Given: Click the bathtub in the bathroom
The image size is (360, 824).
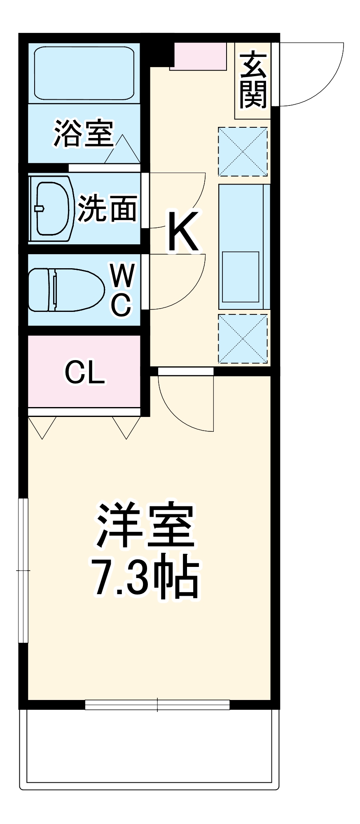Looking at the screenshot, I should tap(84, 73).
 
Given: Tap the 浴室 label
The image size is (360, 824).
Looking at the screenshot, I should tap(83, 133).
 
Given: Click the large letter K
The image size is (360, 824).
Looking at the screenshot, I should tap(183, 232).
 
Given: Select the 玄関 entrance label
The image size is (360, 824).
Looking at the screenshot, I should tap(253, 80).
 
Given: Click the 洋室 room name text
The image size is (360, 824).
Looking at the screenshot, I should tap(145, 525).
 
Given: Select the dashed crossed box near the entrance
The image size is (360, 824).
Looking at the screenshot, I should tap(243, 151).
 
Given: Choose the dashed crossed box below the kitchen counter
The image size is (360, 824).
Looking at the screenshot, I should tap(243, 339).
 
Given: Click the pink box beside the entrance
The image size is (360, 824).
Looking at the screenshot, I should tap(198, 56).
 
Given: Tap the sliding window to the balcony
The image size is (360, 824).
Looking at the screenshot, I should tap(157, 705).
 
